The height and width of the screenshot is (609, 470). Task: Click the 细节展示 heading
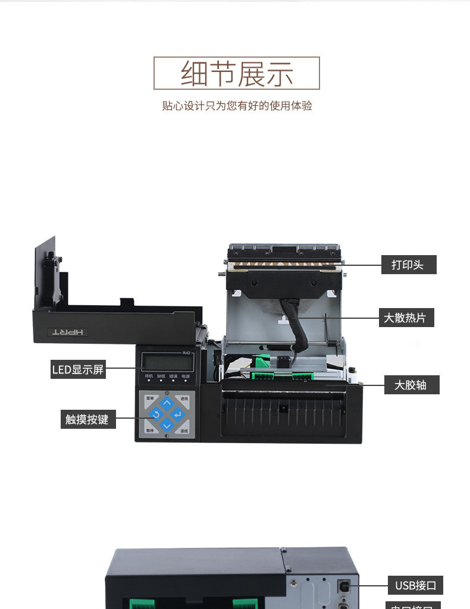[x=237, y=73]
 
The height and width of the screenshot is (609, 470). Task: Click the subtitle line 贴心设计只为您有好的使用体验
[x=237, y=106]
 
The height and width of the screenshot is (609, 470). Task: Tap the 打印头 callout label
[x=408, y=265]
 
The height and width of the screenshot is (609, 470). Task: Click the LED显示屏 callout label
[x=78, y=369]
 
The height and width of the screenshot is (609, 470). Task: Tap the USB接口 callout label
[x=415, y=585]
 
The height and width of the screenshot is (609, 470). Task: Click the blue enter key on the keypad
[x=177, y=414]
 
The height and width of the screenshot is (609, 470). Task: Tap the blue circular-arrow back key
[x=156, y=414]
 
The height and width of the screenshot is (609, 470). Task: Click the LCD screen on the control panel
[x=167, y=362]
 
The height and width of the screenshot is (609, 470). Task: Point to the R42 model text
[x=186, y=353]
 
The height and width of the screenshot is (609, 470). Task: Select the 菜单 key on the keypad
[x=150, y=398]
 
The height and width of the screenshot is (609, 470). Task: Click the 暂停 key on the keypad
[x=150, y=430]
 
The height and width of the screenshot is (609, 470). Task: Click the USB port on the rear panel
[x=344, y=585]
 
